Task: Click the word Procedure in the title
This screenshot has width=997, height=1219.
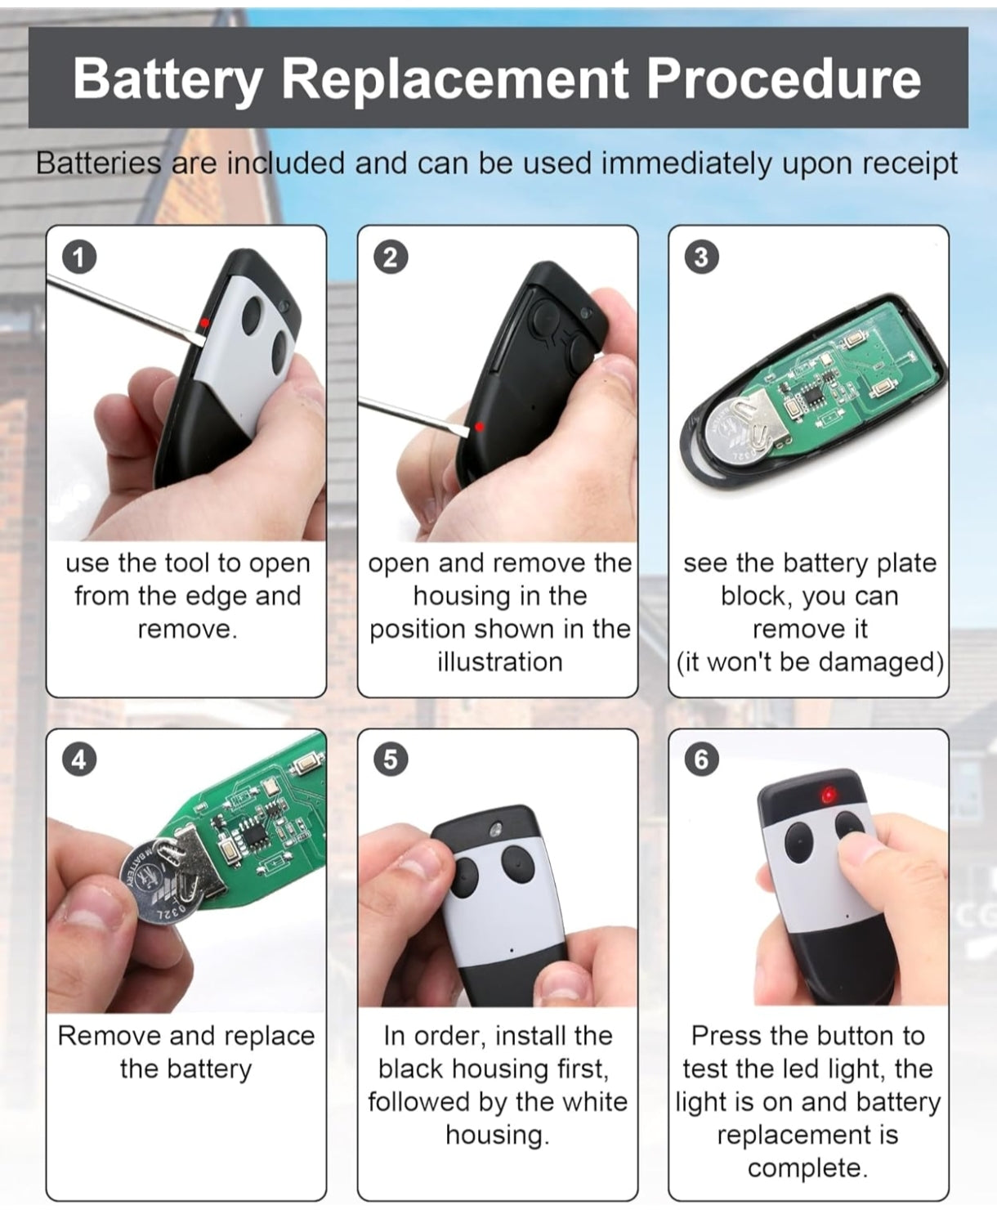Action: click(x=783, y=78)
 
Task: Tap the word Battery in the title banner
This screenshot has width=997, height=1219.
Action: click(x=167, y=80)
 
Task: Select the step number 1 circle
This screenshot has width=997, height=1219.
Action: click(x=80, y=258)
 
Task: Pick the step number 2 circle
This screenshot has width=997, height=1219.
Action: click(x=391, y=258)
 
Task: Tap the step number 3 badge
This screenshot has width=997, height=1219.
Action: click(x=701, y=258)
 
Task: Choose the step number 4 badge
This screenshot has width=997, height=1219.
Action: click(x=80, y=760)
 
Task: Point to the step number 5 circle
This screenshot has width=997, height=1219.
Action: click(x=391, y=760)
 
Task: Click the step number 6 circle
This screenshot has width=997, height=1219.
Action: click(x=701, y=760)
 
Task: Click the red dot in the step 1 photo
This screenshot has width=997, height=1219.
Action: click(x=205, y=322)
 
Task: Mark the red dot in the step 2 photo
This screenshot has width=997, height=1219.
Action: click(x=480, y=427)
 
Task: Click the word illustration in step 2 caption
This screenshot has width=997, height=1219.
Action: click(x=499, y=661)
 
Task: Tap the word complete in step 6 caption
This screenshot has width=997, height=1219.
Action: click(x=807, y=1168)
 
